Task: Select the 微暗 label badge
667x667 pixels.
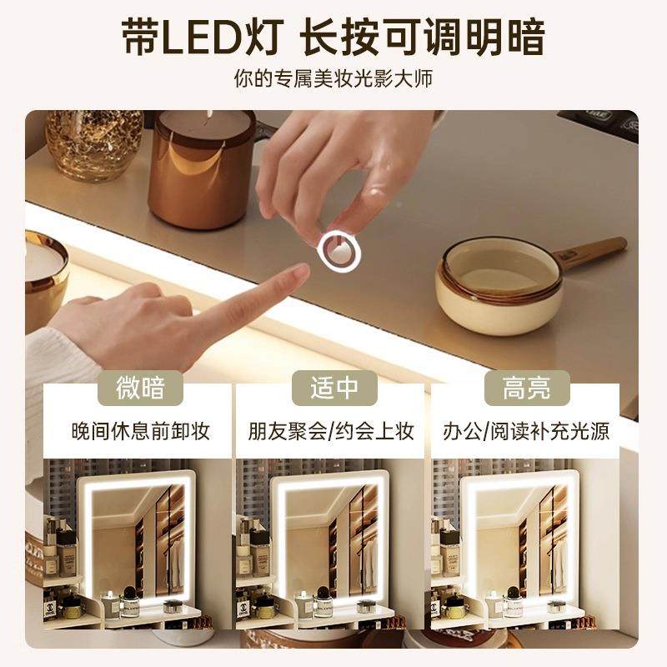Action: [x=141, y=388]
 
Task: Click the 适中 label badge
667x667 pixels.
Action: [x=333, y=388]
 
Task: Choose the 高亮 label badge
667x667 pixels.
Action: [x=526, y=388]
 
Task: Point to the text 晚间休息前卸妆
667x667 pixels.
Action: [x=140, y=431]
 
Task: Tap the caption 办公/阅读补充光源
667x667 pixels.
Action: [x=526, y=431]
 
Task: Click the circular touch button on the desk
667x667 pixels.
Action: [x=339, y=251]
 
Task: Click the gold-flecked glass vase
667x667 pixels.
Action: [x=93, y=142]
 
